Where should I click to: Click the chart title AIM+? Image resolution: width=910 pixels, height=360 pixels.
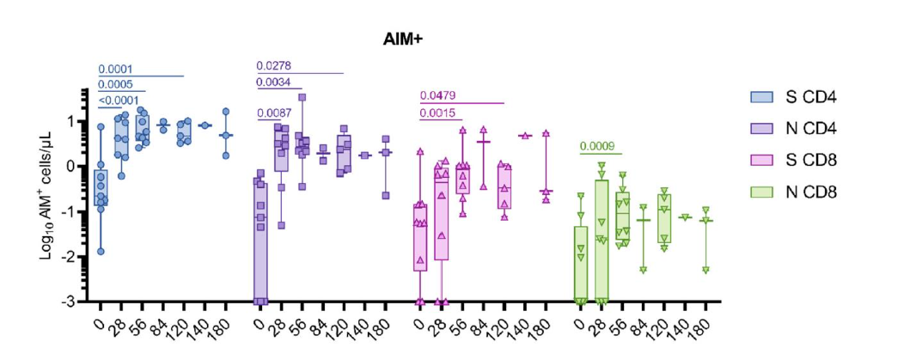tap(401, 40)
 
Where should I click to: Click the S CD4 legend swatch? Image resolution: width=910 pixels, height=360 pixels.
tap(761, 96)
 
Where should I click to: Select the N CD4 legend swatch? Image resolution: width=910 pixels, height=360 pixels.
tap(761, 128)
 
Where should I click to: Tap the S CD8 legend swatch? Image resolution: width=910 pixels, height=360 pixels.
tap(761, 160)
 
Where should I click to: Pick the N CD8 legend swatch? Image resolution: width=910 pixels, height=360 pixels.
tap(761, 192)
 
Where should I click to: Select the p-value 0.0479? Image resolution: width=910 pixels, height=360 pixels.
tap(437, 96)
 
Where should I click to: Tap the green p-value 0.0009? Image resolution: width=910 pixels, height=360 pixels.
tap(597, 146)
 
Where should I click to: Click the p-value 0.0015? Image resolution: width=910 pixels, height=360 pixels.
tap(437, 113)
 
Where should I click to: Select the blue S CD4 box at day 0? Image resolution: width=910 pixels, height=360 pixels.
tap(101, 188)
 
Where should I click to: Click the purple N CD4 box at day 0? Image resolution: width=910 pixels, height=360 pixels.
tap(260, 241)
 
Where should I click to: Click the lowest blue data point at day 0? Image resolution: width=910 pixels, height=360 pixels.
tap(101, 251)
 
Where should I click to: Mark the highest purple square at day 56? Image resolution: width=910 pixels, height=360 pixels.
tap(302, 97)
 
